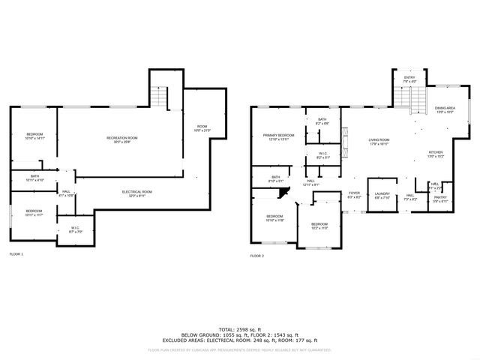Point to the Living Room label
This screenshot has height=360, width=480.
pos(379,142)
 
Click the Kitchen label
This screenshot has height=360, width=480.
pos(436,154)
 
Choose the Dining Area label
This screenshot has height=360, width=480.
pos(445,110)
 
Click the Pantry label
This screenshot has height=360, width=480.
pos(441,199)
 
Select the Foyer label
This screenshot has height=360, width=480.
pos(354,195)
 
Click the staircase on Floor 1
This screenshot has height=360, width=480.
pos(159,96)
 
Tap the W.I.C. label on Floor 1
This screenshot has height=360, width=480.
pos(76,229)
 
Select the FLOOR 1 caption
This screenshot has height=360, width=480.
pos(16,255)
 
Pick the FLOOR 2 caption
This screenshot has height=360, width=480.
pos(258,256)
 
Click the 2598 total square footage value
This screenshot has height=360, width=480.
pos(239,329)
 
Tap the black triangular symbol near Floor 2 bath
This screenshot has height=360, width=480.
pos(283,193)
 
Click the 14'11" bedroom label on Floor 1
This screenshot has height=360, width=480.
pos(35,137)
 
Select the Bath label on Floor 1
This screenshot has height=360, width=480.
pos(35,178)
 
